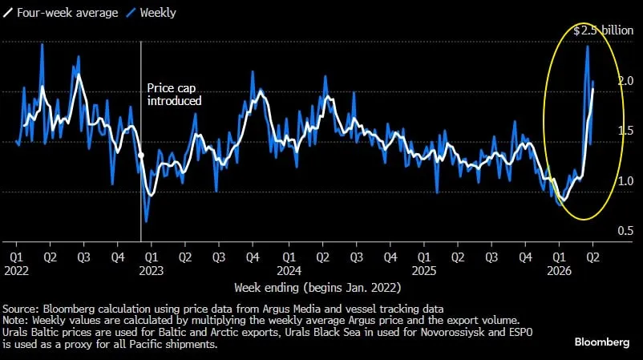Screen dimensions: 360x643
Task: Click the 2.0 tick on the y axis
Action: (604, 81)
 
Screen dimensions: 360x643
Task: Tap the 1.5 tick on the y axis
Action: (604, 131)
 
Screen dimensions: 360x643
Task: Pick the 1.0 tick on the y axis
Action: (604, 181)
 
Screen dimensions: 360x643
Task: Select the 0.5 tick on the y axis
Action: (604, 231)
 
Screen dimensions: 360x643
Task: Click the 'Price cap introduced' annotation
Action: (175, 95)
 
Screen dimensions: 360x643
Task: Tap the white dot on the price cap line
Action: (141, 154)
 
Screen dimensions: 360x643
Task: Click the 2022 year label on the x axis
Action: (16, 271)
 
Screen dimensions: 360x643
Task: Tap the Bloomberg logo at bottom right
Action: (602, 342)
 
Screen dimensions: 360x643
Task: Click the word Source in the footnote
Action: (20, 309)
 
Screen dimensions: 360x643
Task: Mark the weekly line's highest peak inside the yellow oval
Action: (588, 47)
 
